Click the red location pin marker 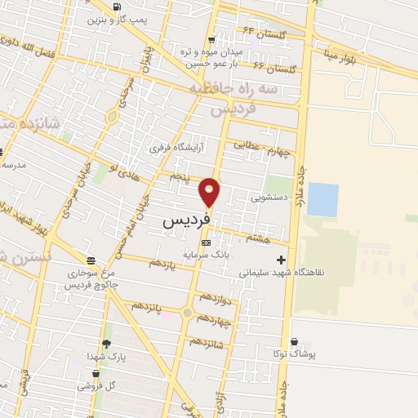(210, 192)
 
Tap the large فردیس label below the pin (186, 220)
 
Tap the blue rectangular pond (322, 199)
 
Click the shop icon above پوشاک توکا (293, 340)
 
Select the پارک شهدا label (106, 357)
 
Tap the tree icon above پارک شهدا (106, 344)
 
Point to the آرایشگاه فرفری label (176, 149)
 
